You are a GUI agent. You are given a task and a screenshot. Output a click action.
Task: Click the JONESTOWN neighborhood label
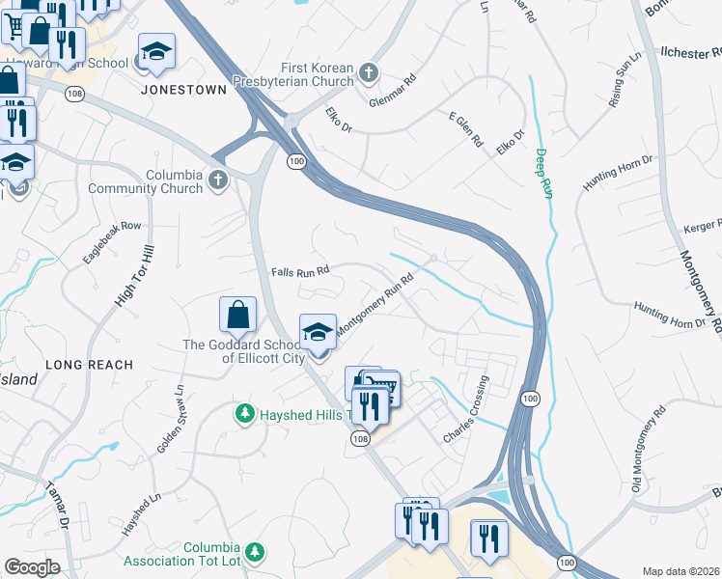click(183, 89)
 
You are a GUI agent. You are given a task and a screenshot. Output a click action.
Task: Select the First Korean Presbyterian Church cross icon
click(368, 73)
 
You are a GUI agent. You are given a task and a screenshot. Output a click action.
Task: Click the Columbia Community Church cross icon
click(219, 180)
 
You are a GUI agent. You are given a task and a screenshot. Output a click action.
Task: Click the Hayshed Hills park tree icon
click(245, 413)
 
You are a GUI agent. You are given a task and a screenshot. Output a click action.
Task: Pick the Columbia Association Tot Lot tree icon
click(255, 552)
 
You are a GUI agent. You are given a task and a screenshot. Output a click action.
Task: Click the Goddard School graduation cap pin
click(318, 333)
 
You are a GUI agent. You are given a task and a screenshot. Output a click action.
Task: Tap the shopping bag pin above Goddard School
click(237, 315)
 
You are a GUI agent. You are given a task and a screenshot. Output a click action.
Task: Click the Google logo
click(32, 566)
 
